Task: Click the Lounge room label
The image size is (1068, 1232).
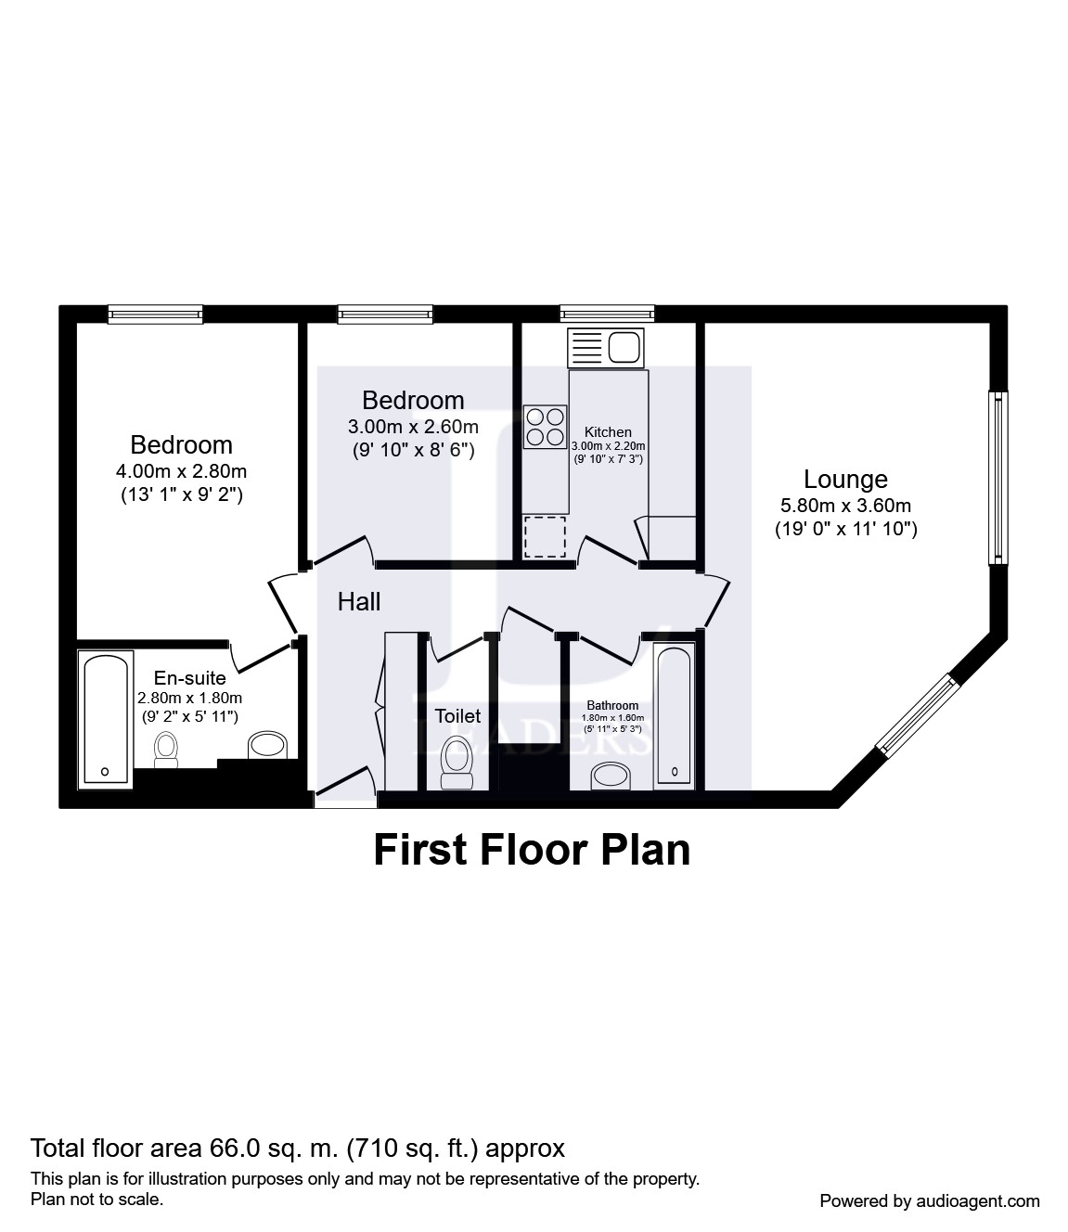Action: (x=845, y=480)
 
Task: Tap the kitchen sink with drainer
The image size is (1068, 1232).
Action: (x=606, y=348)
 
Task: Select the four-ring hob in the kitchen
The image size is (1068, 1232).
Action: (x=545, y=427)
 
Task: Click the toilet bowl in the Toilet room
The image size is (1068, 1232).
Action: (x=457, y=763)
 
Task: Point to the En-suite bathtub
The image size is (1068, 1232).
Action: (x=105, y=719)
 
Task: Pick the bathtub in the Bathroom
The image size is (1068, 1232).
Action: (x=675, y=716)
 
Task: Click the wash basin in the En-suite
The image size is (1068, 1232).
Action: (x=268, y=745)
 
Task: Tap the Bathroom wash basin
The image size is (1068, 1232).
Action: (x=611, y=776)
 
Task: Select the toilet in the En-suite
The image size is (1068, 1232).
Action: (x=166, y=750)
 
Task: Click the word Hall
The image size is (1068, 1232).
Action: (x=359, y=602)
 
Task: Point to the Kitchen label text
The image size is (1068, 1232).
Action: (x=608, y=432)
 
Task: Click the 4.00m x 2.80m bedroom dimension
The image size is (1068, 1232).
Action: (x=181, y=471)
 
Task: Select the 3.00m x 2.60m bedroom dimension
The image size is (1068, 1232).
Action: (x=413, y=427)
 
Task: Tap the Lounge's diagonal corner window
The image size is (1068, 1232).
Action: (x=918, y=716)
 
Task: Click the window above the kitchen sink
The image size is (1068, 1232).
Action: (x=607, y=314)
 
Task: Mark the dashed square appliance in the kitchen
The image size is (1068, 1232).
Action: (x=545, y=537)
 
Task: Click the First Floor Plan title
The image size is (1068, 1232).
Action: (x=532, y=850)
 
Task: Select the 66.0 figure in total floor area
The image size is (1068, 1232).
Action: (x=235, y=1148)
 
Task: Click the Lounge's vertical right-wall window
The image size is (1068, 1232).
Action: (x=998, y=478)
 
